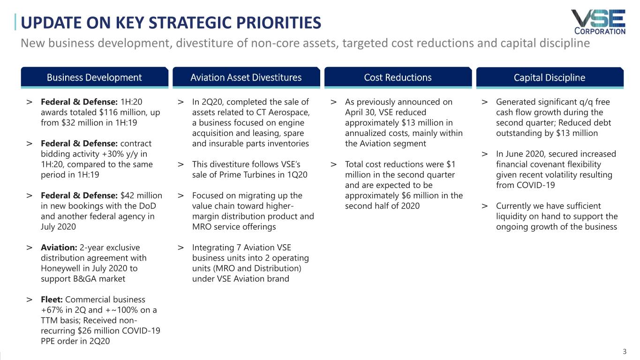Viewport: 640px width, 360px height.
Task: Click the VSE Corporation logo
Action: coord(598,22)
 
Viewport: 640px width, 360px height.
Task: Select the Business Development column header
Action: coord(94,77)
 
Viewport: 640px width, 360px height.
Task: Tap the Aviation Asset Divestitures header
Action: coord(246,77)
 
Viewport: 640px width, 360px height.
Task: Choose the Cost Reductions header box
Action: coord(398,77)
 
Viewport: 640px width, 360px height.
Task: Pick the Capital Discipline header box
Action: coord(549,77)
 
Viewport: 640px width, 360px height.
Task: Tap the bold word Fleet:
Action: coord(52,300)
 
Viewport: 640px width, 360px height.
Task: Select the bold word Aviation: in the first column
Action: coord(57,247)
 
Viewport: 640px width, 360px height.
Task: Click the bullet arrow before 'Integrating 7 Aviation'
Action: coord(181,247)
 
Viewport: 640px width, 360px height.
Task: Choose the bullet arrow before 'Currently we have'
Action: coord(484,206)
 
